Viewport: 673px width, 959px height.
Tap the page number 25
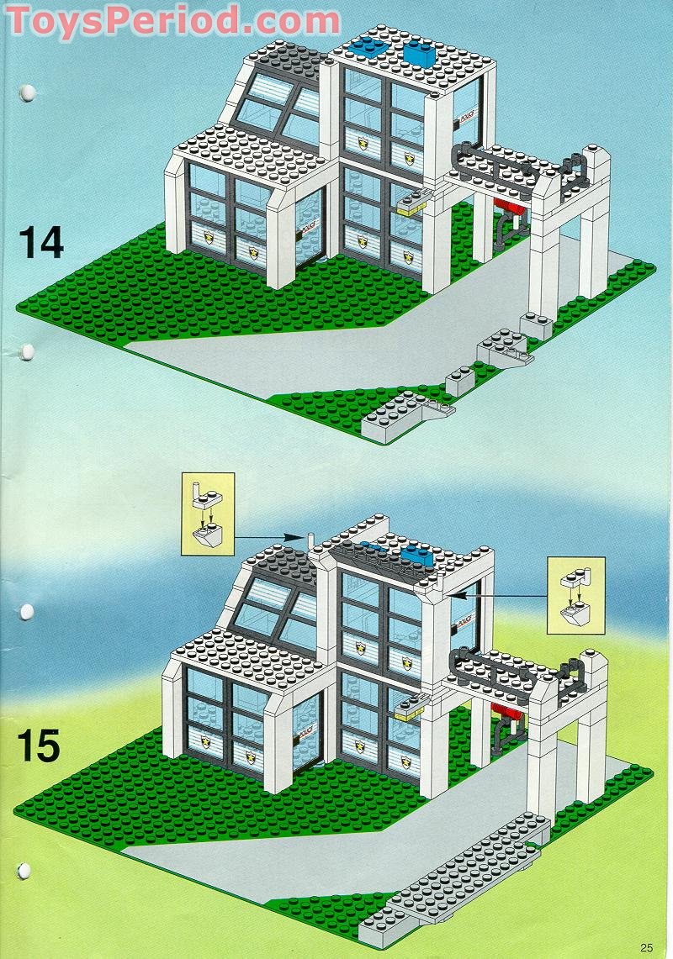[x=645, y=947]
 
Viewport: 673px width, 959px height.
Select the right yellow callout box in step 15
[x=575, y=594]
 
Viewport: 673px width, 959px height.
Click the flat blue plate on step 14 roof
[x=364, y=45]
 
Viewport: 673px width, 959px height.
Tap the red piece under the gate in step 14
[x=511, y=207]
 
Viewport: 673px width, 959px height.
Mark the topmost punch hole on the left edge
[x=26, y=91]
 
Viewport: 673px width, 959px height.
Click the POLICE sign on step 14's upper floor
[x=464, y=119]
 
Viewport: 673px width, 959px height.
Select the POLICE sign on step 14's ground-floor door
[x=300, y=226]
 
